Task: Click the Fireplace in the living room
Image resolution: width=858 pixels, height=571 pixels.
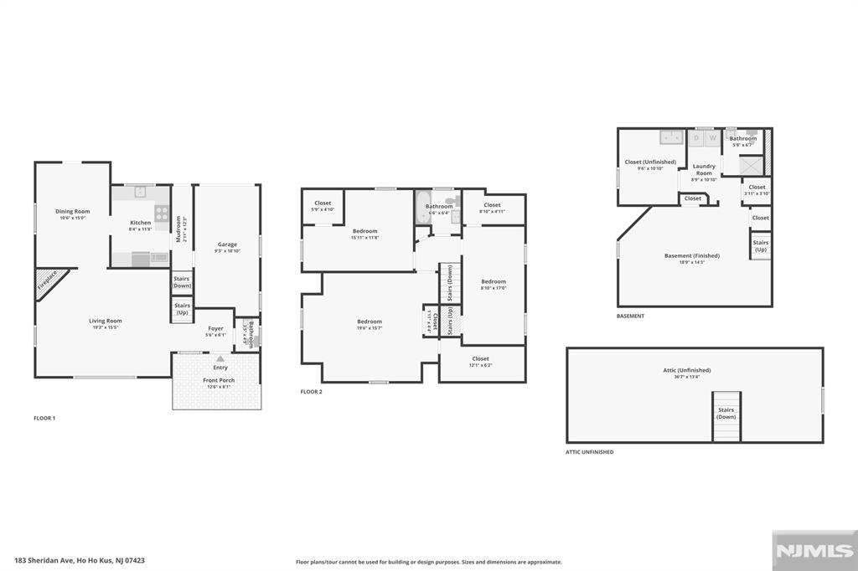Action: tap(49, 282)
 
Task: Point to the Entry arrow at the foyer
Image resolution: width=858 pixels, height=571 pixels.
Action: tap(220, 359)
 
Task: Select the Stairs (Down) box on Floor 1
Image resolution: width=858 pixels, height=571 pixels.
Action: tap(182, 282)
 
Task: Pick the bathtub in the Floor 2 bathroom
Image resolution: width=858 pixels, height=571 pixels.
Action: tap(421, 205)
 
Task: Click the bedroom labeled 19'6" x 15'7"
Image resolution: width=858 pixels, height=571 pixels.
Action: tap(370, 324)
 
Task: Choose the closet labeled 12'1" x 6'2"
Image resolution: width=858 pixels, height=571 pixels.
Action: tap(480, 361)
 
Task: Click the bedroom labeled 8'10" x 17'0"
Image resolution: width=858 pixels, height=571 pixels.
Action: tap(494, 284)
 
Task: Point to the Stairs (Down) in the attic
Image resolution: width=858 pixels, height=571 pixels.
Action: tap(726, 414)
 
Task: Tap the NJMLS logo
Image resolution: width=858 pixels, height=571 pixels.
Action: tap(814, 551)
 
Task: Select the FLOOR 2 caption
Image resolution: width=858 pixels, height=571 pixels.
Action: tap(311, 392)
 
